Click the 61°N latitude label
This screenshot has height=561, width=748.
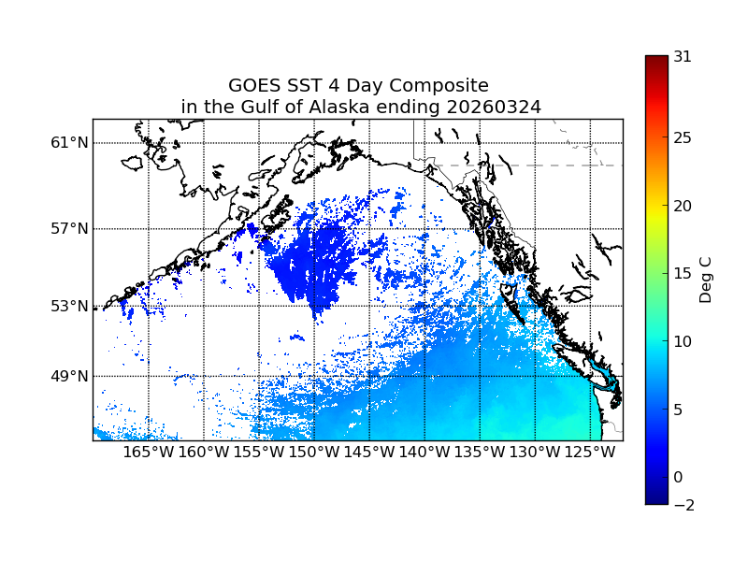coord(70,143)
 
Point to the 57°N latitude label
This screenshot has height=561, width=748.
coord(70,228)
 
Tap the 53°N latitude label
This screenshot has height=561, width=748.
coord(70,306)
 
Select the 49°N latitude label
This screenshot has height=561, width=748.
coord(70,376)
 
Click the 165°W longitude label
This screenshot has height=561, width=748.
coord(149,453)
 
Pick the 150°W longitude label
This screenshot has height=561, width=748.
coord(314,453)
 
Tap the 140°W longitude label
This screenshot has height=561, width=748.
coord(424,453)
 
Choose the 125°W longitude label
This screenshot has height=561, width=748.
coord(591,453)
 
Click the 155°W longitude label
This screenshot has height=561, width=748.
coord(259,453)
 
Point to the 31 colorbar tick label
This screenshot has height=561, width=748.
coord(683,56)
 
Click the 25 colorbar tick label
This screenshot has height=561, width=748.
coord(683,138)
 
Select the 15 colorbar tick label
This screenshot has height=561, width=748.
coord(683,274)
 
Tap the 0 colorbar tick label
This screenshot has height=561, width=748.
coord(679,477)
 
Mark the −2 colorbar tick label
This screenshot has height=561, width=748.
coord(683,505)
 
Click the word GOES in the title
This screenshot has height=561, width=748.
coord(254,86)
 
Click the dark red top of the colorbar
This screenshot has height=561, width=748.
coord(656,61)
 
